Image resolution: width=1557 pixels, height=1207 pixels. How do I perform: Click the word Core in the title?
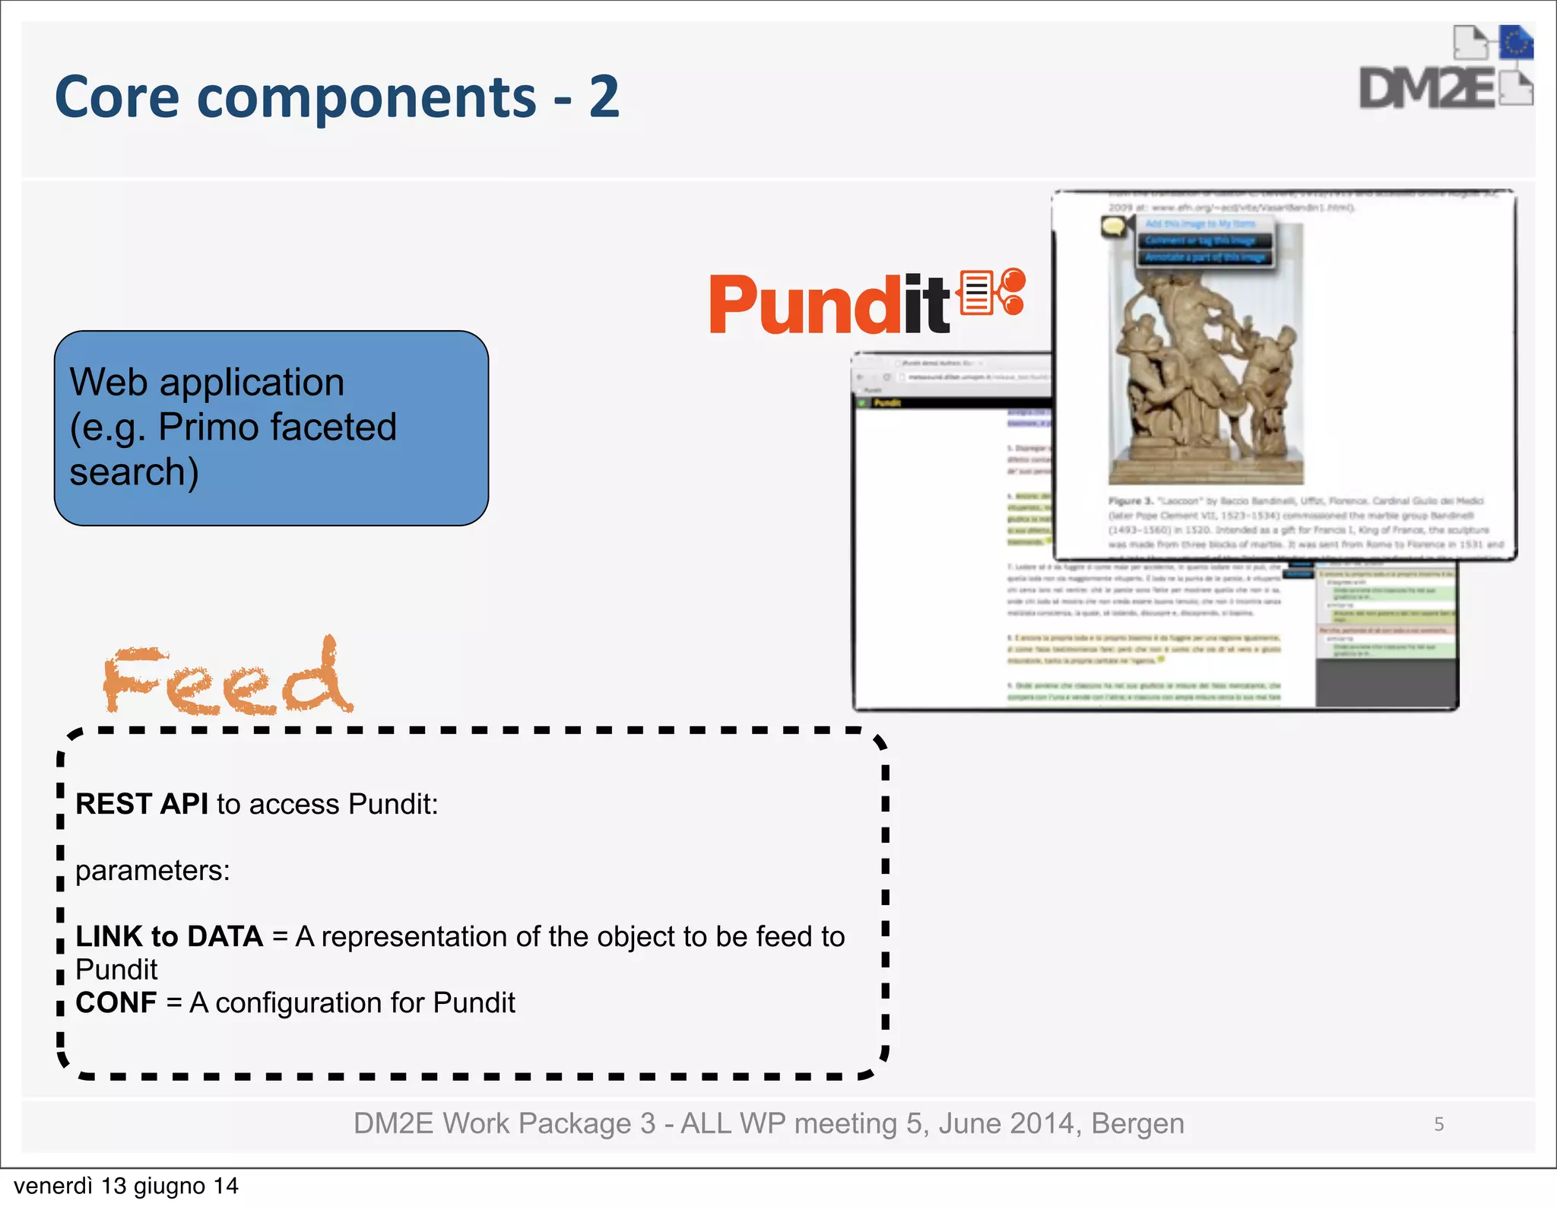click(116, 97)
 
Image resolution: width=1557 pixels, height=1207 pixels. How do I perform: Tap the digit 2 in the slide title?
click(604, 97)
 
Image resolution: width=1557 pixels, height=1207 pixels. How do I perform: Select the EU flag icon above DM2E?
click(1515, 43)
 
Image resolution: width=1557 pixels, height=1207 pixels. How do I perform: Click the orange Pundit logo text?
click(829, 305)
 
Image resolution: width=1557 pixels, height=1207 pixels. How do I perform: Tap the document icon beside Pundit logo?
click(976, 292)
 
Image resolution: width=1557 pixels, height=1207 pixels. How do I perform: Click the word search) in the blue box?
click(135, 472)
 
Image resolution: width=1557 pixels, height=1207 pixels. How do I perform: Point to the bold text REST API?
click(141, 804)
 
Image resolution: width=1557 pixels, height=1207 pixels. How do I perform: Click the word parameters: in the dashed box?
click(153, 870)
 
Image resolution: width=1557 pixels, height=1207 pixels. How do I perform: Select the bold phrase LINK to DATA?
click(169, 936)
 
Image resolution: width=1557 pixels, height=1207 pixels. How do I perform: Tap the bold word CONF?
click(116, 1002)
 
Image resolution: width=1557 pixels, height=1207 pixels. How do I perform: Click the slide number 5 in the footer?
click(1438, 1124)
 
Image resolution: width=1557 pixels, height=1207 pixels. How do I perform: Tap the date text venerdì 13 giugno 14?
click(126, 1186)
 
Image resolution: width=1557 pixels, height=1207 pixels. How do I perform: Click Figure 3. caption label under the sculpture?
click(1130, 501)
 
